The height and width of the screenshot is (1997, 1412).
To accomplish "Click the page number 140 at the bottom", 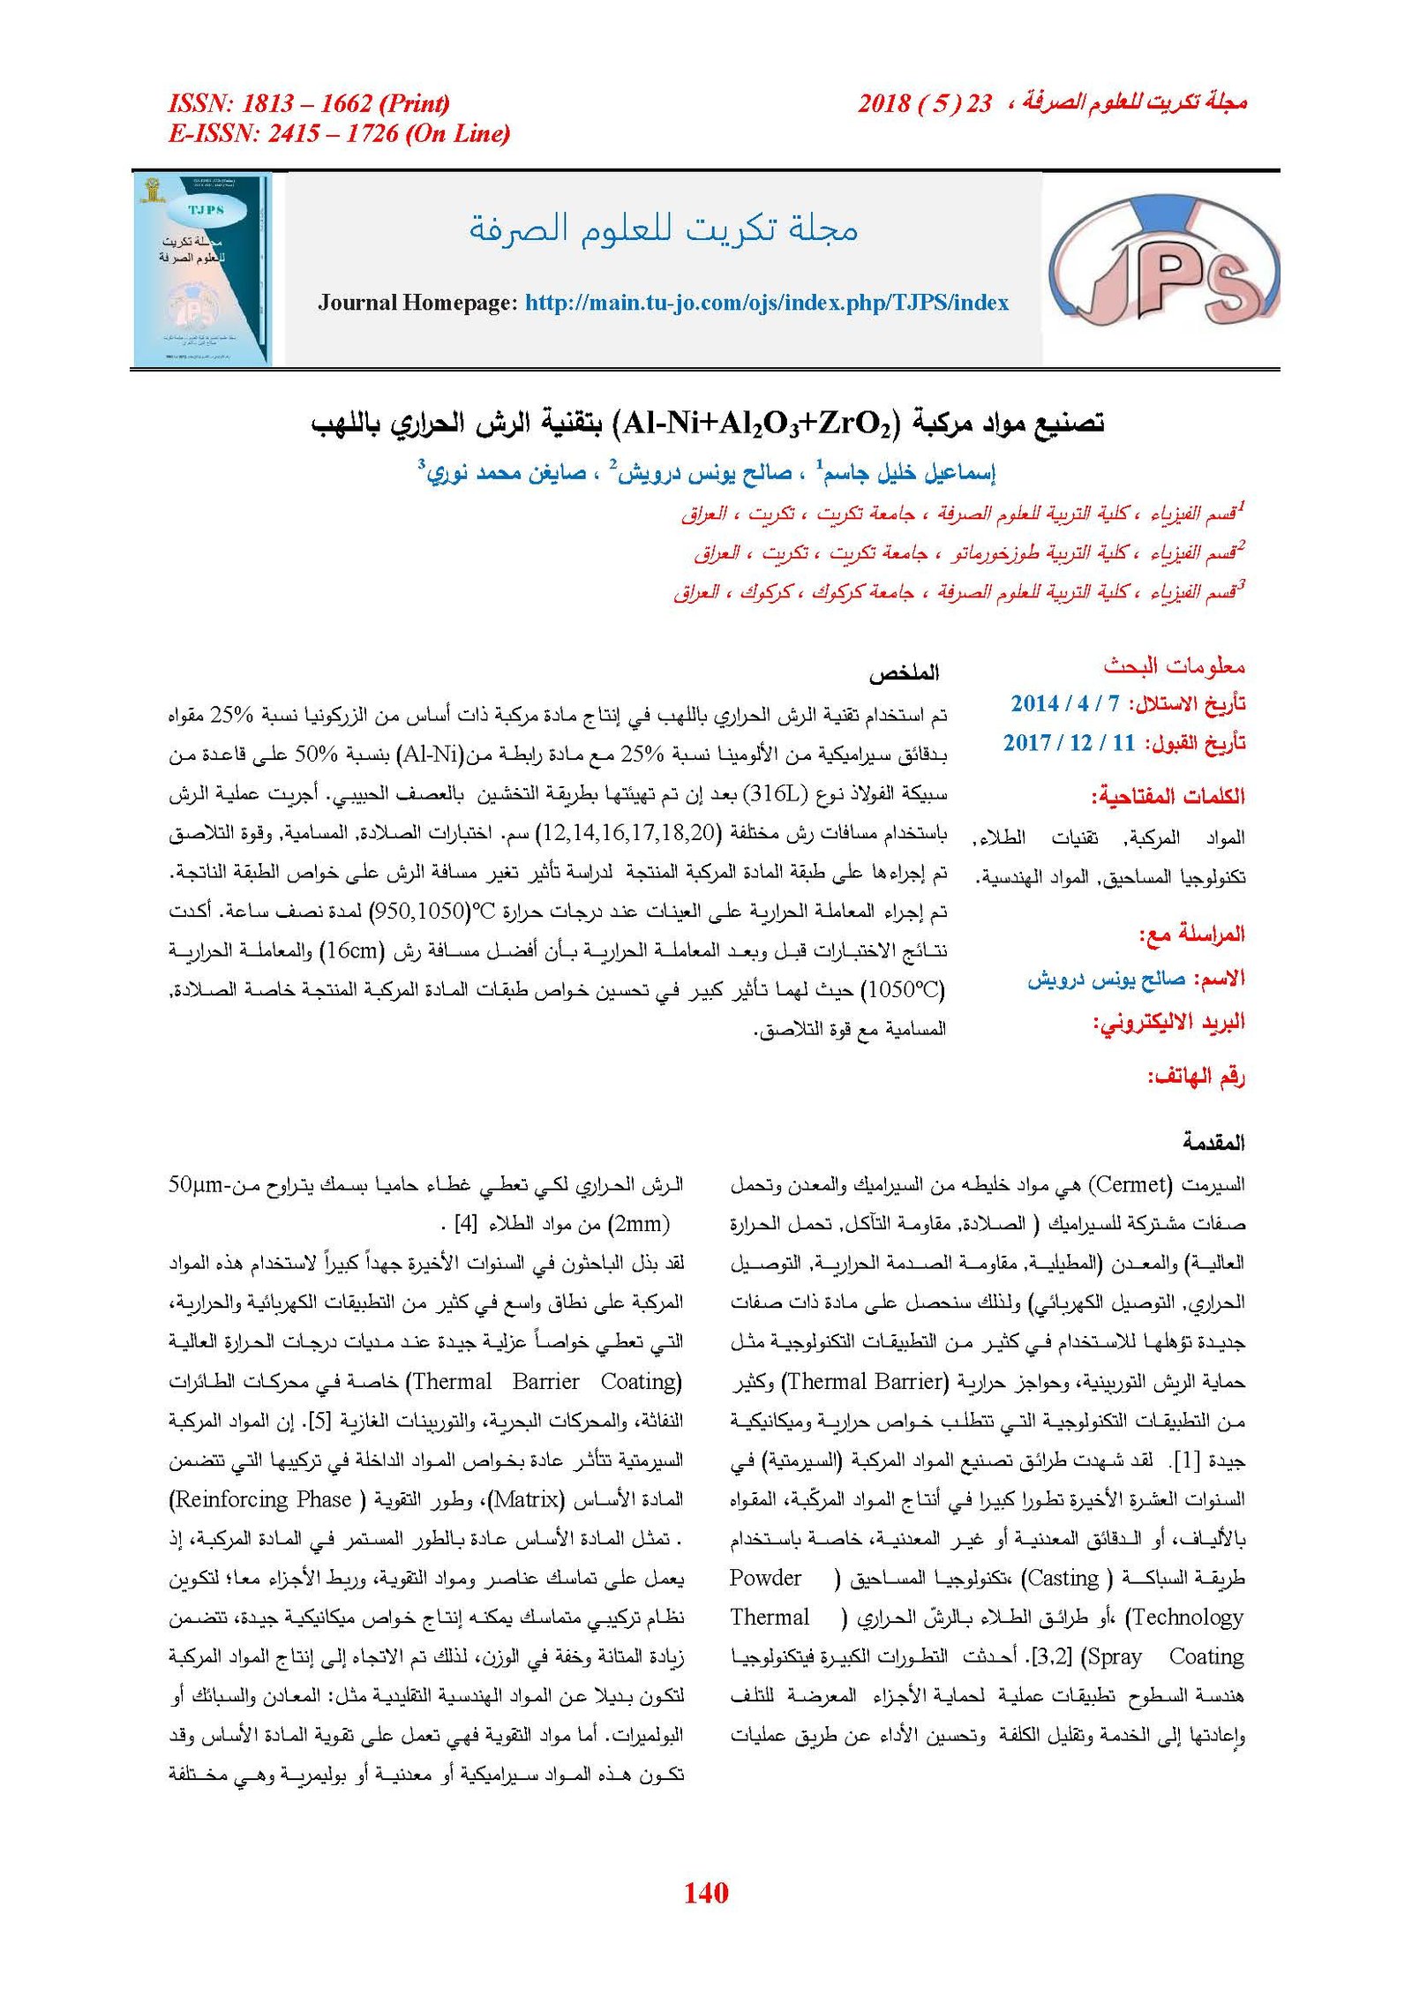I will tap(705, 1892).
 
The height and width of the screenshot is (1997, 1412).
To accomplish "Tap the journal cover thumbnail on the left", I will tap(202, 269).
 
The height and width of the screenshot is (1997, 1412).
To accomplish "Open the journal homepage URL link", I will tap(766, 303).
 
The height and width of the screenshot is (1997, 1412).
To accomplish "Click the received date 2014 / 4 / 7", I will tap(1065, 703).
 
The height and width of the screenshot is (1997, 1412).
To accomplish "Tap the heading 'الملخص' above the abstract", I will tap(904, 673).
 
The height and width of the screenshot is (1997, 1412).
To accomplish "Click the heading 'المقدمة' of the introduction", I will tap(1213, 1143).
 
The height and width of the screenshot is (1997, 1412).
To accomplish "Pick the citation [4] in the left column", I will tap(465, 1224).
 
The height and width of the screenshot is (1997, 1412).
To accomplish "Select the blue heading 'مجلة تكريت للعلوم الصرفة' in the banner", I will tap(663, 229).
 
